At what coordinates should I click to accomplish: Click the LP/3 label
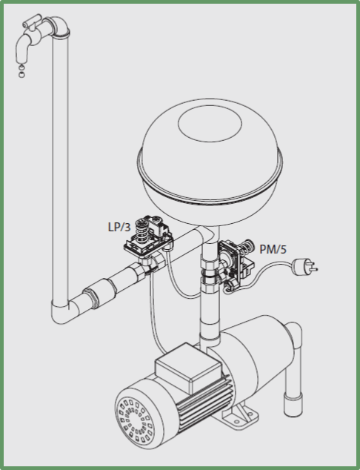pyautogui.click(x=119, y=227)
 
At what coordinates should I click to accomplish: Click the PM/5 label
pyautogui.click(x=273, y=249)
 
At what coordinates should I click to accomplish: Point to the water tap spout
pyautogui.click(x=22, y=49)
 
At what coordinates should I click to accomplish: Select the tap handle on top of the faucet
pyautogui.click(x=32, y=20)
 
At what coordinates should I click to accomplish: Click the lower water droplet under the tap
pyautogui.click(x=21, y=75)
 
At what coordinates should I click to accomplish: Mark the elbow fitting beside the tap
pyautogui.click(x=58, y=27)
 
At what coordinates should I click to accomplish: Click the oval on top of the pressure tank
pyautogui.click(x=210, y=124)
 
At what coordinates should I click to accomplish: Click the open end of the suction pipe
pyautogui.click(x=292, y=406)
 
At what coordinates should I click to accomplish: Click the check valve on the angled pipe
pyautogui.click(x=100, y=293)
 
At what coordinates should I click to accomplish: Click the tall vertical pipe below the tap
pyautogui.click(x=60, y=168)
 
